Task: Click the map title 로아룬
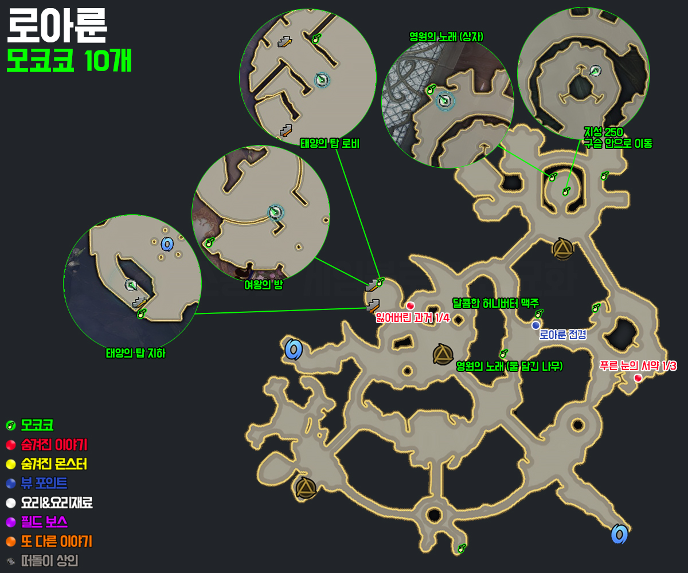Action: [x=56, y=26]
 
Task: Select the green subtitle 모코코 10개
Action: [x=69, y=61]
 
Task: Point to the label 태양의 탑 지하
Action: [x=135, y=354]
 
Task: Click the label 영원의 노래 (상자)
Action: [x=446, y=36]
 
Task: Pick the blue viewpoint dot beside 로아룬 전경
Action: [x=535, y=325]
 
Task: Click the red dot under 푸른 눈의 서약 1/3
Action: [x=638, y=378]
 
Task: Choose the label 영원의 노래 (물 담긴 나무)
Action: [x=509, y=366]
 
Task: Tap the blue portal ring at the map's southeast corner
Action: [x=619, y=534]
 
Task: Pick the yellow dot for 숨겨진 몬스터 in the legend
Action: [x=10, y=464]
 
